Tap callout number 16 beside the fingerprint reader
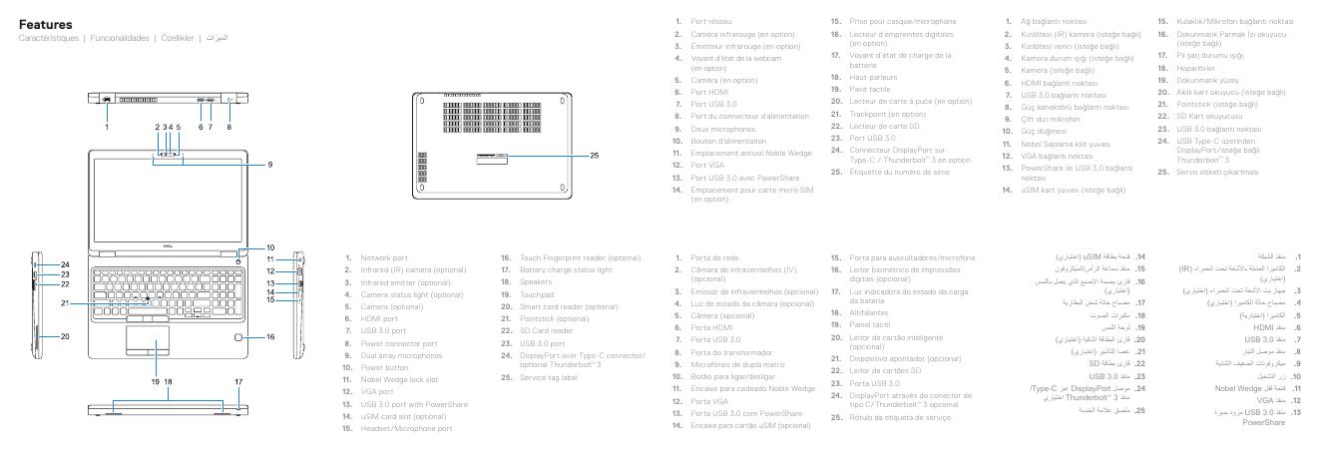(271, 338)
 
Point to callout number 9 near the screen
(269, 164)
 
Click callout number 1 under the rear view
(106, 127)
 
